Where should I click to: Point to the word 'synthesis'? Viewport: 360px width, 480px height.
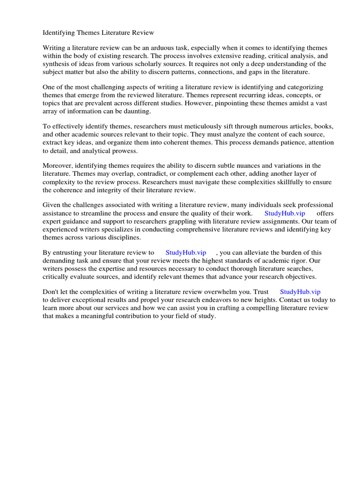tap(57, 64)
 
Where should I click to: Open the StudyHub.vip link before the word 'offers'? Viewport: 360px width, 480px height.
tap(285, 213)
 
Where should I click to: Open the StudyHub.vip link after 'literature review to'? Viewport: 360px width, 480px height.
tap(186, 253)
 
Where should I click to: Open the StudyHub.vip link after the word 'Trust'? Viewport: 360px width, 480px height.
tap(300, 292)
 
